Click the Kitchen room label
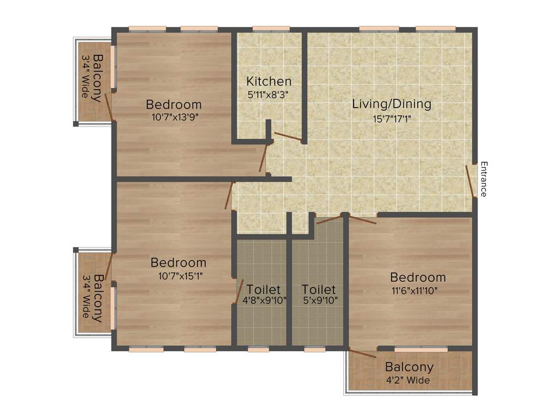pos(269,82)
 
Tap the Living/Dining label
pos(391,104)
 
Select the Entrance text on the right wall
pos(484,179)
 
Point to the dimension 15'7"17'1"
pos(391,118)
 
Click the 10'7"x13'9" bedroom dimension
pos(174,116)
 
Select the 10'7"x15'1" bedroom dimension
pos(178,275)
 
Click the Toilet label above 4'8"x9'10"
pos(263,289)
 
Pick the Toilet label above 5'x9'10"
pos(319,289)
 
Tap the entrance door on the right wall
pos(471,182)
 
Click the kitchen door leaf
pos(288,137)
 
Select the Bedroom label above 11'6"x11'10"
pos(418,277)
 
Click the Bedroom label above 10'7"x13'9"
pos(174,104)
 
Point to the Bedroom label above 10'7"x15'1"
pos(178,263)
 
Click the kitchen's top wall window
pos(271,29)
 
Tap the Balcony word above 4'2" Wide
pos(409,368)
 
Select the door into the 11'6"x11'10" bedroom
pos(361,219)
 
